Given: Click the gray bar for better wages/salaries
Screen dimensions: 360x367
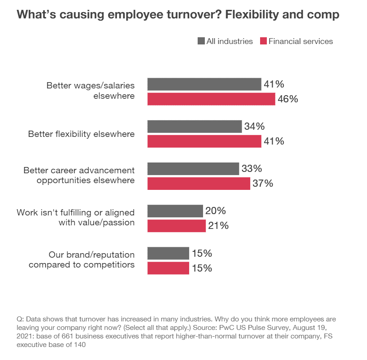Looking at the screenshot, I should (x=204, y=84).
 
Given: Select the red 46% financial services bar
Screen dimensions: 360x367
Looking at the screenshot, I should (x=211, y=99).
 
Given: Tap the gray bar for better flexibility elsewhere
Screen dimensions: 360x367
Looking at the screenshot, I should (x=195, y=127).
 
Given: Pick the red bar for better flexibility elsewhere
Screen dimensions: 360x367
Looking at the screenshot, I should (x=204, y=141).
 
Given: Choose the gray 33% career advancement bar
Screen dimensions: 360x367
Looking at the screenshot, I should (x=193, y=169).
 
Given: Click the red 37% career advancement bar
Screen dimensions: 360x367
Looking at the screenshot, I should (x=199, y=183).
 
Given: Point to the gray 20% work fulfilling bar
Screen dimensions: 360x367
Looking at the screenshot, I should (x=175, y=211).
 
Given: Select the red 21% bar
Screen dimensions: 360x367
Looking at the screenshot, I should (x=177, y=225).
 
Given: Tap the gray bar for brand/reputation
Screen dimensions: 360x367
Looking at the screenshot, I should (x=168, y=253).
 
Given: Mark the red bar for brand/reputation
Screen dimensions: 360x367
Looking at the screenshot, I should (x=168, y=268).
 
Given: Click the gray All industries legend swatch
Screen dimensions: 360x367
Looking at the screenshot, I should (x=201, y=41).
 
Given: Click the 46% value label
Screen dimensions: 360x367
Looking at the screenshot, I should (x=287, y=99).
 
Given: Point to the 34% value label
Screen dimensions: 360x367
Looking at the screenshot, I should (x=254, y=127).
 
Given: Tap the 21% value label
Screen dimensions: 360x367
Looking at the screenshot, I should (x=218, y=225).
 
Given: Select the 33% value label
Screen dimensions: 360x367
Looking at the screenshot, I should (x=252, y=169).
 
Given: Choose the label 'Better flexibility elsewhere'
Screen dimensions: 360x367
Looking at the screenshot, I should (x=81, y=134).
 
